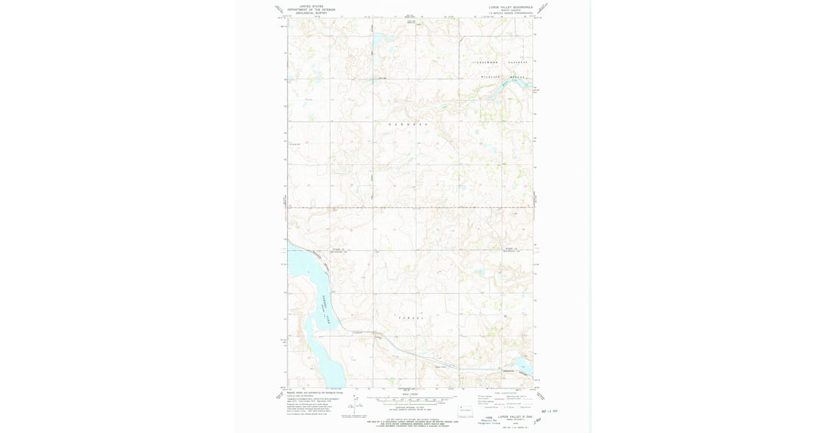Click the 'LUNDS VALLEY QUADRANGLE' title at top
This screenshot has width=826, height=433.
click(510, 7)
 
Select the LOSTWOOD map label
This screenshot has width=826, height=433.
click(488, 63)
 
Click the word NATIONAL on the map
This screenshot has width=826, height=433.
click(518, 63)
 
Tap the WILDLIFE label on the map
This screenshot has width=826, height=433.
click(490, 76)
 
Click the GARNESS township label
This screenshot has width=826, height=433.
click(409, 124)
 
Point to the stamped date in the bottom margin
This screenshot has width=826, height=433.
click(551, 411)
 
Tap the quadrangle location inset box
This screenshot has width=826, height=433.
click(465, 410)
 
